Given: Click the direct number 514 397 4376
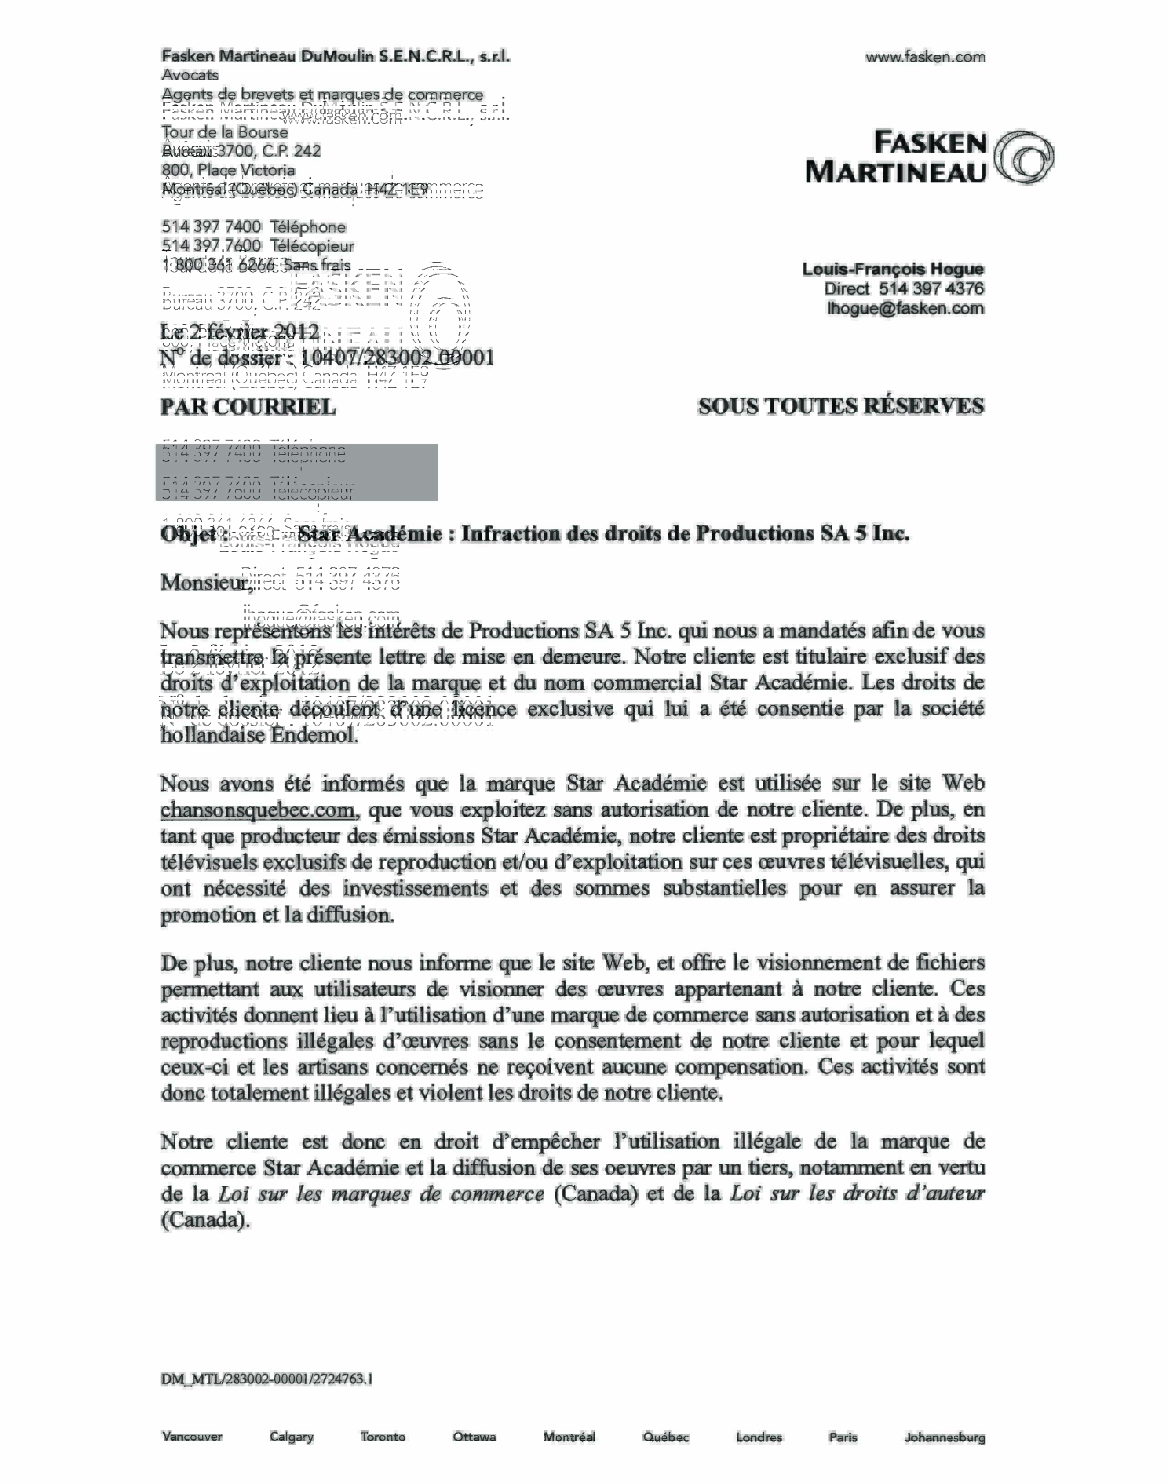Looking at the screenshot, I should coord(931,289).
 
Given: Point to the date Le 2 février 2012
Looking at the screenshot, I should coord(240,332).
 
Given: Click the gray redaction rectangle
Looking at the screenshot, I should coord(297,472).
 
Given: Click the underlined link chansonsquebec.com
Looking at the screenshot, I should coord(258,810).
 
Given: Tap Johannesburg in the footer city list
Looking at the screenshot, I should coord(944,1437).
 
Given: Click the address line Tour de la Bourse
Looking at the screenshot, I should coord(225,133).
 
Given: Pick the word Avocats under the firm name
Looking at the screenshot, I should coord(190,76).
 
